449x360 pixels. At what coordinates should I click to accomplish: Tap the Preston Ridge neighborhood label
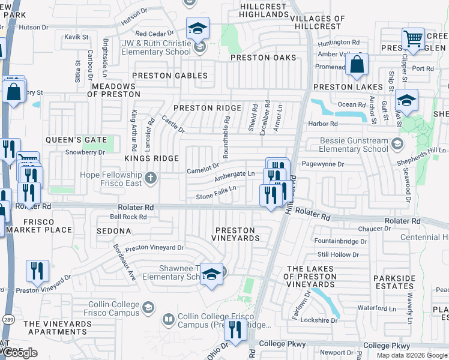pyautogui.click(x=207, y=108)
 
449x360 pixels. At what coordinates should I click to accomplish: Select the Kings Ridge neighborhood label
pyautogui.click(x=151, y=158)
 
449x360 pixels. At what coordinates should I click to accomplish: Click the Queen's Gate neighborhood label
pyautogui.click(x=80, y=140)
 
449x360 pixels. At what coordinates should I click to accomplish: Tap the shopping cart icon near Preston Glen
pyautogui.click(x=413, y=38)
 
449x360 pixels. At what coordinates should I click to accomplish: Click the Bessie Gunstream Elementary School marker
pyautogui.click(x=397, y=145)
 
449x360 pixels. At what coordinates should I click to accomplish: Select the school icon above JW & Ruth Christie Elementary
pyautogui.click(x=197, y=28)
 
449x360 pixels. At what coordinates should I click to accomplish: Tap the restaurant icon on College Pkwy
pyautogui.click(x=235, y=330)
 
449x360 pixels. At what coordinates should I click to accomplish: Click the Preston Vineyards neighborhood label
pyautogui.click(x=235, y=233)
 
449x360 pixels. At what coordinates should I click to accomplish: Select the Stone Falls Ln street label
pyautogui.click(x=216, y=193)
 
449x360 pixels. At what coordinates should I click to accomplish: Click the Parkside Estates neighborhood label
pyautogui.click(x=402, y=282)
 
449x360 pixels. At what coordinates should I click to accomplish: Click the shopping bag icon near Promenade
pyautogui.click(x=357, y=65)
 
